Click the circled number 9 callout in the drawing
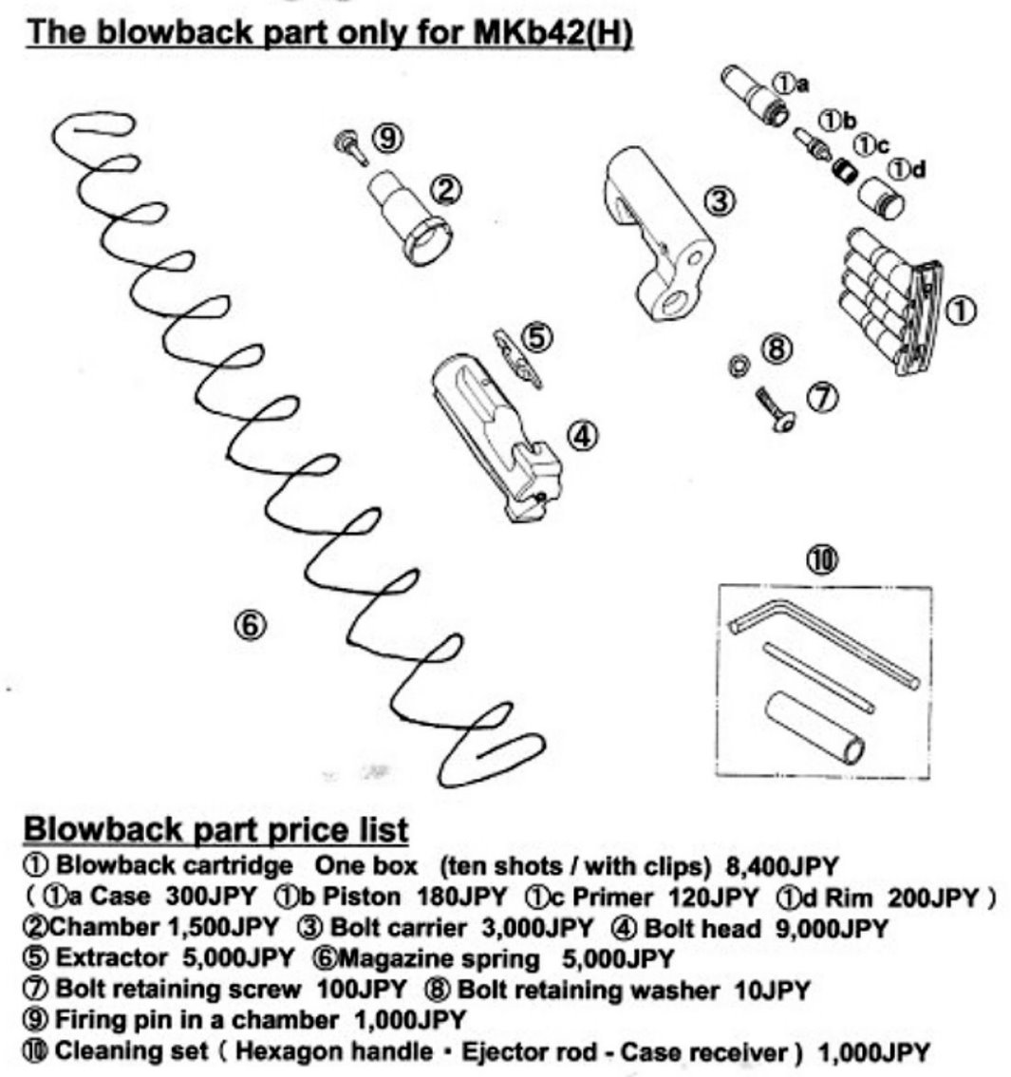tap(386, 139)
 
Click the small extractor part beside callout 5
tap(516, 357)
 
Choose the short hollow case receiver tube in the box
tap(813, 727)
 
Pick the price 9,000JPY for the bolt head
tap(831, 928)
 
